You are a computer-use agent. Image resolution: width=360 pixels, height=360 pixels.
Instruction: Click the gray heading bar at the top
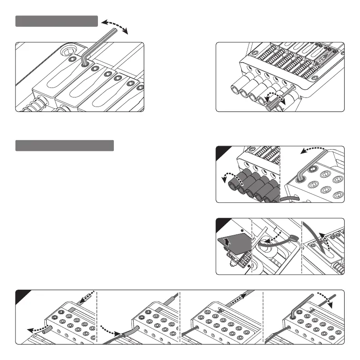click(57, 21)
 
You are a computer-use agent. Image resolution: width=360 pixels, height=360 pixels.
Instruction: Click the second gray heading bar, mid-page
click(64, 146)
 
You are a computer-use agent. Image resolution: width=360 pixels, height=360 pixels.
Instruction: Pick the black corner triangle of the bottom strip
click(21, 295)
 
